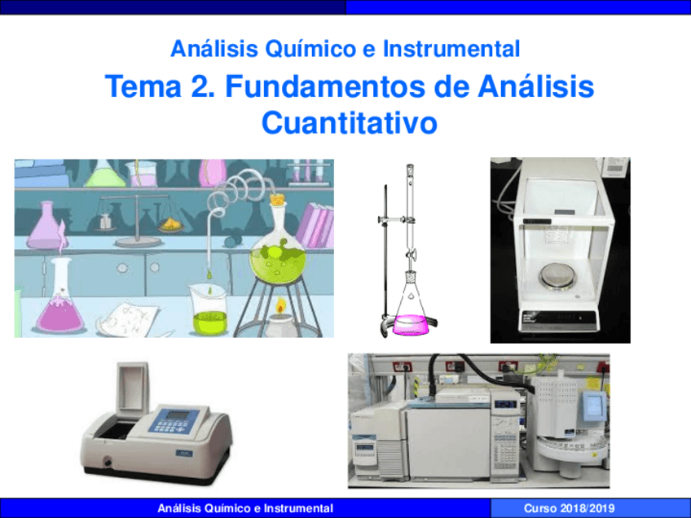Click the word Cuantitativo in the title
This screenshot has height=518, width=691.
tap(350, 123)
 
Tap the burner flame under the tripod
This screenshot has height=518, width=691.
tap(280, 308)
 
